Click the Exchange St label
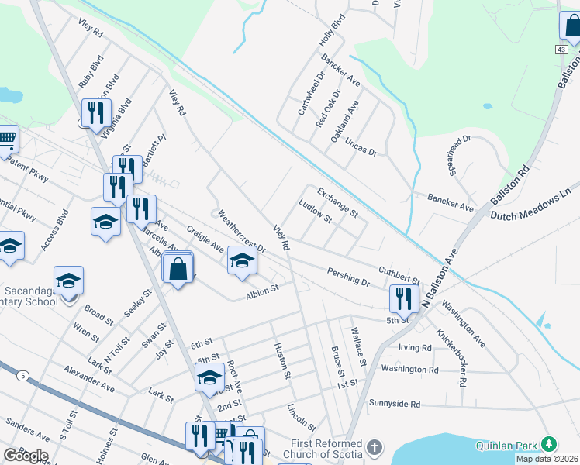[337, 201]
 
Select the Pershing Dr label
[348, 278]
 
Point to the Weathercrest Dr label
[241, 230]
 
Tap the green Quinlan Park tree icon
[549, 444]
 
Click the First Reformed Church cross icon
[375, 447]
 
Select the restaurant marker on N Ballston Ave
[404, 297]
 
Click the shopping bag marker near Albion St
[178, 269]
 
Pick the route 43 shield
[560, 49]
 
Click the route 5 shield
[23, 375]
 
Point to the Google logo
[26, 456]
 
